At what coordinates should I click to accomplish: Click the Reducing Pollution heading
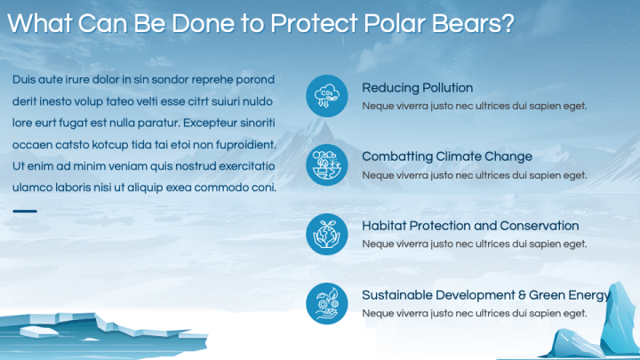417,88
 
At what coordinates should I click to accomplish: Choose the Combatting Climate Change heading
447,156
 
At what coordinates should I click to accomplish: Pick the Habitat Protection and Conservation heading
470,226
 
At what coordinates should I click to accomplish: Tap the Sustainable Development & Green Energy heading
485,295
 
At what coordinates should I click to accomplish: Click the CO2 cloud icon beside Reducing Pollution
327,96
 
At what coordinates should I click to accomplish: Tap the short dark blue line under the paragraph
25,212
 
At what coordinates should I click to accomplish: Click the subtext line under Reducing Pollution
474,106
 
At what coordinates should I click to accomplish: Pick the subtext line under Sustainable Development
474,314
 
